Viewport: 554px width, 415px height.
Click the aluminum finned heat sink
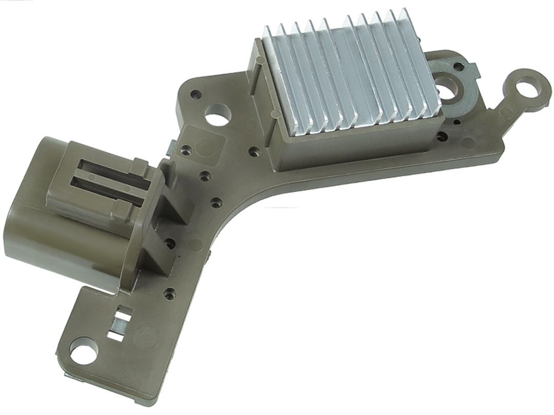354,77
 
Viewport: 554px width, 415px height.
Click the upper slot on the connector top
110,169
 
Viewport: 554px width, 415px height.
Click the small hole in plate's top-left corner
195,94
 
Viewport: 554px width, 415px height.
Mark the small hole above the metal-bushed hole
458,66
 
